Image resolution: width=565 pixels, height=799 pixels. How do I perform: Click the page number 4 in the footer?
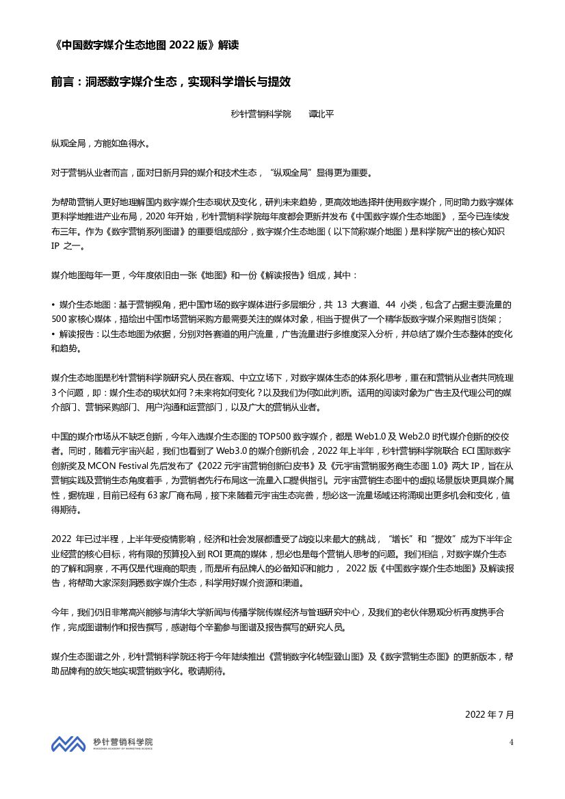coord(511,742)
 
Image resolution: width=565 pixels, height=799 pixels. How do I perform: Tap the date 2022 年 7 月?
coord(488,714)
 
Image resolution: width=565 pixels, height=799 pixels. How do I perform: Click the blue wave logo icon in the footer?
coord(69,743)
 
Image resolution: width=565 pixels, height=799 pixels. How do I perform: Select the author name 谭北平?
coord(321,114)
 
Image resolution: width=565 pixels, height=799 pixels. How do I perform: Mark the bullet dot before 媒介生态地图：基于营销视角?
coord(53,304)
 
